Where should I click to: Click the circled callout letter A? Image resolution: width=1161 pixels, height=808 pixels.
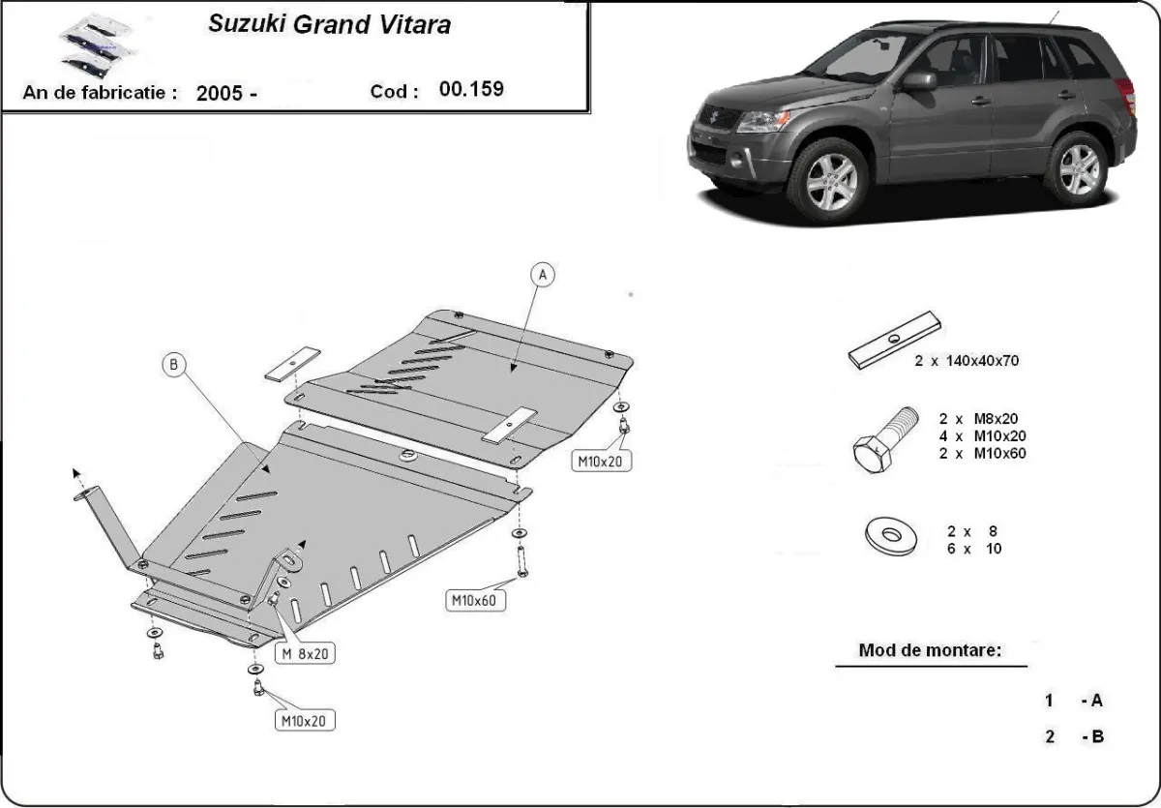coord(544,276)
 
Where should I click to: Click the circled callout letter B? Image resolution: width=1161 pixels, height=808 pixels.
coord(174,365)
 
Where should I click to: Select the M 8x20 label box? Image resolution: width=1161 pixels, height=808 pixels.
coord(305,654)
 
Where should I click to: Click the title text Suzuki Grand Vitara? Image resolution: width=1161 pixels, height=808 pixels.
coord(329,25)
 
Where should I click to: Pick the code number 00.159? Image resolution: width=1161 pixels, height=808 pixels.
coord(471,90)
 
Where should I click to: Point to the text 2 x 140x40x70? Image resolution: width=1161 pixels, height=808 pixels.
coord(967,361)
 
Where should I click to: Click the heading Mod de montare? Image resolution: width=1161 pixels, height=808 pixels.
coord(930,650)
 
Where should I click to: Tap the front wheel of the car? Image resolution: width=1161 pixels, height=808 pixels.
coord(830,177)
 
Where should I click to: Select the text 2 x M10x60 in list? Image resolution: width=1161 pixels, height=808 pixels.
coord(982,453)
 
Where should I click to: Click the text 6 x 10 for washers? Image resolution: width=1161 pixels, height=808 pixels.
coord(974,549)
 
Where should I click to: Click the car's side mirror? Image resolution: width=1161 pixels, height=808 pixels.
coord(919,80)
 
